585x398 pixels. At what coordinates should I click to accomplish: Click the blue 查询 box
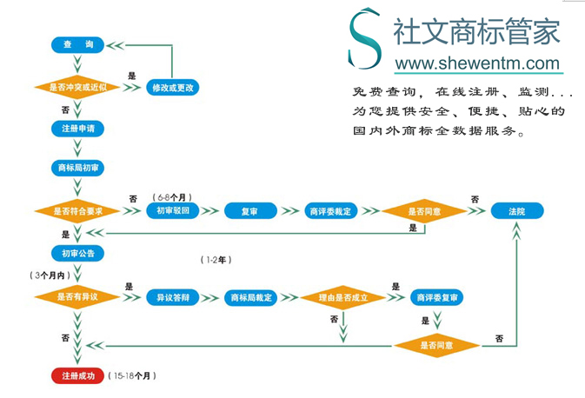point(77,44)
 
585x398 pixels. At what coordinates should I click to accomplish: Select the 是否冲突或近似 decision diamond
point(77,87)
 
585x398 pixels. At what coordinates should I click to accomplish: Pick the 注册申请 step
point(77,128)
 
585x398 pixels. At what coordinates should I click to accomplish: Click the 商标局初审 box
point(77,168)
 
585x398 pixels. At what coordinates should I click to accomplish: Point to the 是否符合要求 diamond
point(77,211)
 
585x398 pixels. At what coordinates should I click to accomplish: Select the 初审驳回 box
point(173,211)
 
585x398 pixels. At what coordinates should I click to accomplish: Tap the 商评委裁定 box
point(330,211)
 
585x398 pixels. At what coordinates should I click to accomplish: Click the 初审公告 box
point(77,254)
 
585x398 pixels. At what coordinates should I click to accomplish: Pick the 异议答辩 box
point(173,297)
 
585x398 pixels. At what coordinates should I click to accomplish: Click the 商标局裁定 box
point(251,297)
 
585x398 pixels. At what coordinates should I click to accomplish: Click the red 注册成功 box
point(77,376)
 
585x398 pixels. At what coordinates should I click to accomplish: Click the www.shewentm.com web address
point(477,63)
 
